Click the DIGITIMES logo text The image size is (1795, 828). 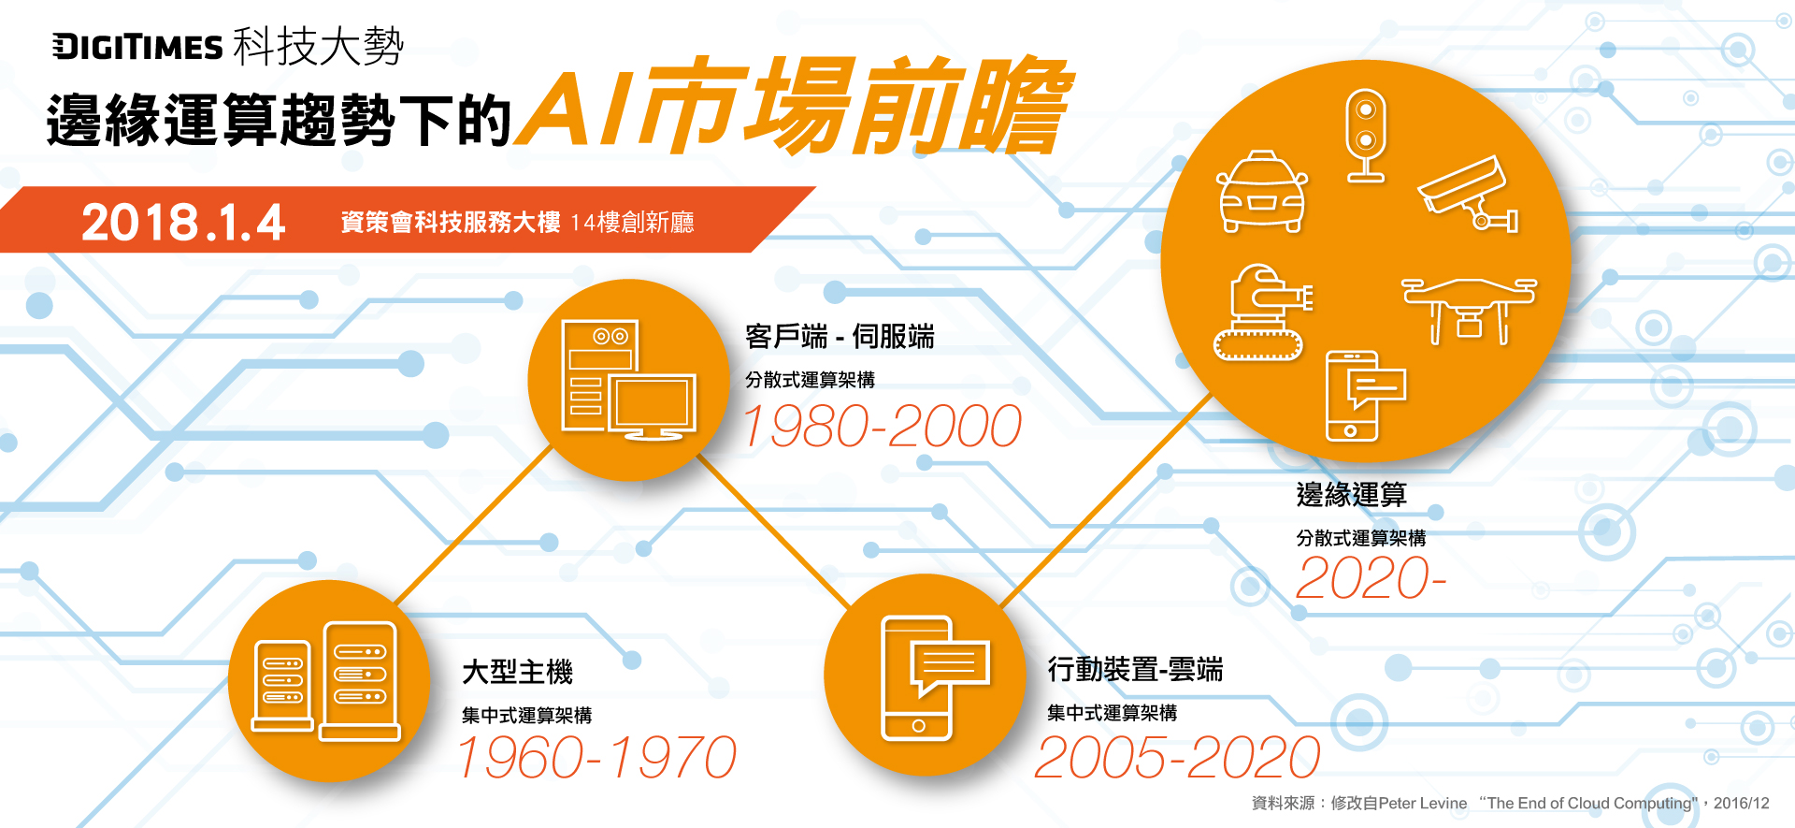(137, 47)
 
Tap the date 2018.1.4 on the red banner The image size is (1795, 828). (183, 223)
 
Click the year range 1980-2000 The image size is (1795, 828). (882, 426)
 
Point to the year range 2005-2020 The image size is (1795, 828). (1178, 757)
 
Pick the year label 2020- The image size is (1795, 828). (1371, 577)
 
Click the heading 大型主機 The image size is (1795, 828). (517, 671)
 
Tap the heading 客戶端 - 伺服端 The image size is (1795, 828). (840, 336)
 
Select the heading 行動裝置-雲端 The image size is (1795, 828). (1135, 669)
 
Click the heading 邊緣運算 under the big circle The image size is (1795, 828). (1351, 494)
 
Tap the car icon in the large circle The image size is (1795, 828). (1262, 191)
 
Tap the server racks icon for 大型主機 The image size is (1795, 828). (325, 681)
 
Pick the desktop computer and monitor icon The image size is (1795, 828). (628, 380)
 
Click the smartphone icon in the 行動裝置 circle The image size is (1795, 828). (934, 677)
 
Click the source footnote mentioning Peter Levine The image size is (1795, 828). (1510, 803)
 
